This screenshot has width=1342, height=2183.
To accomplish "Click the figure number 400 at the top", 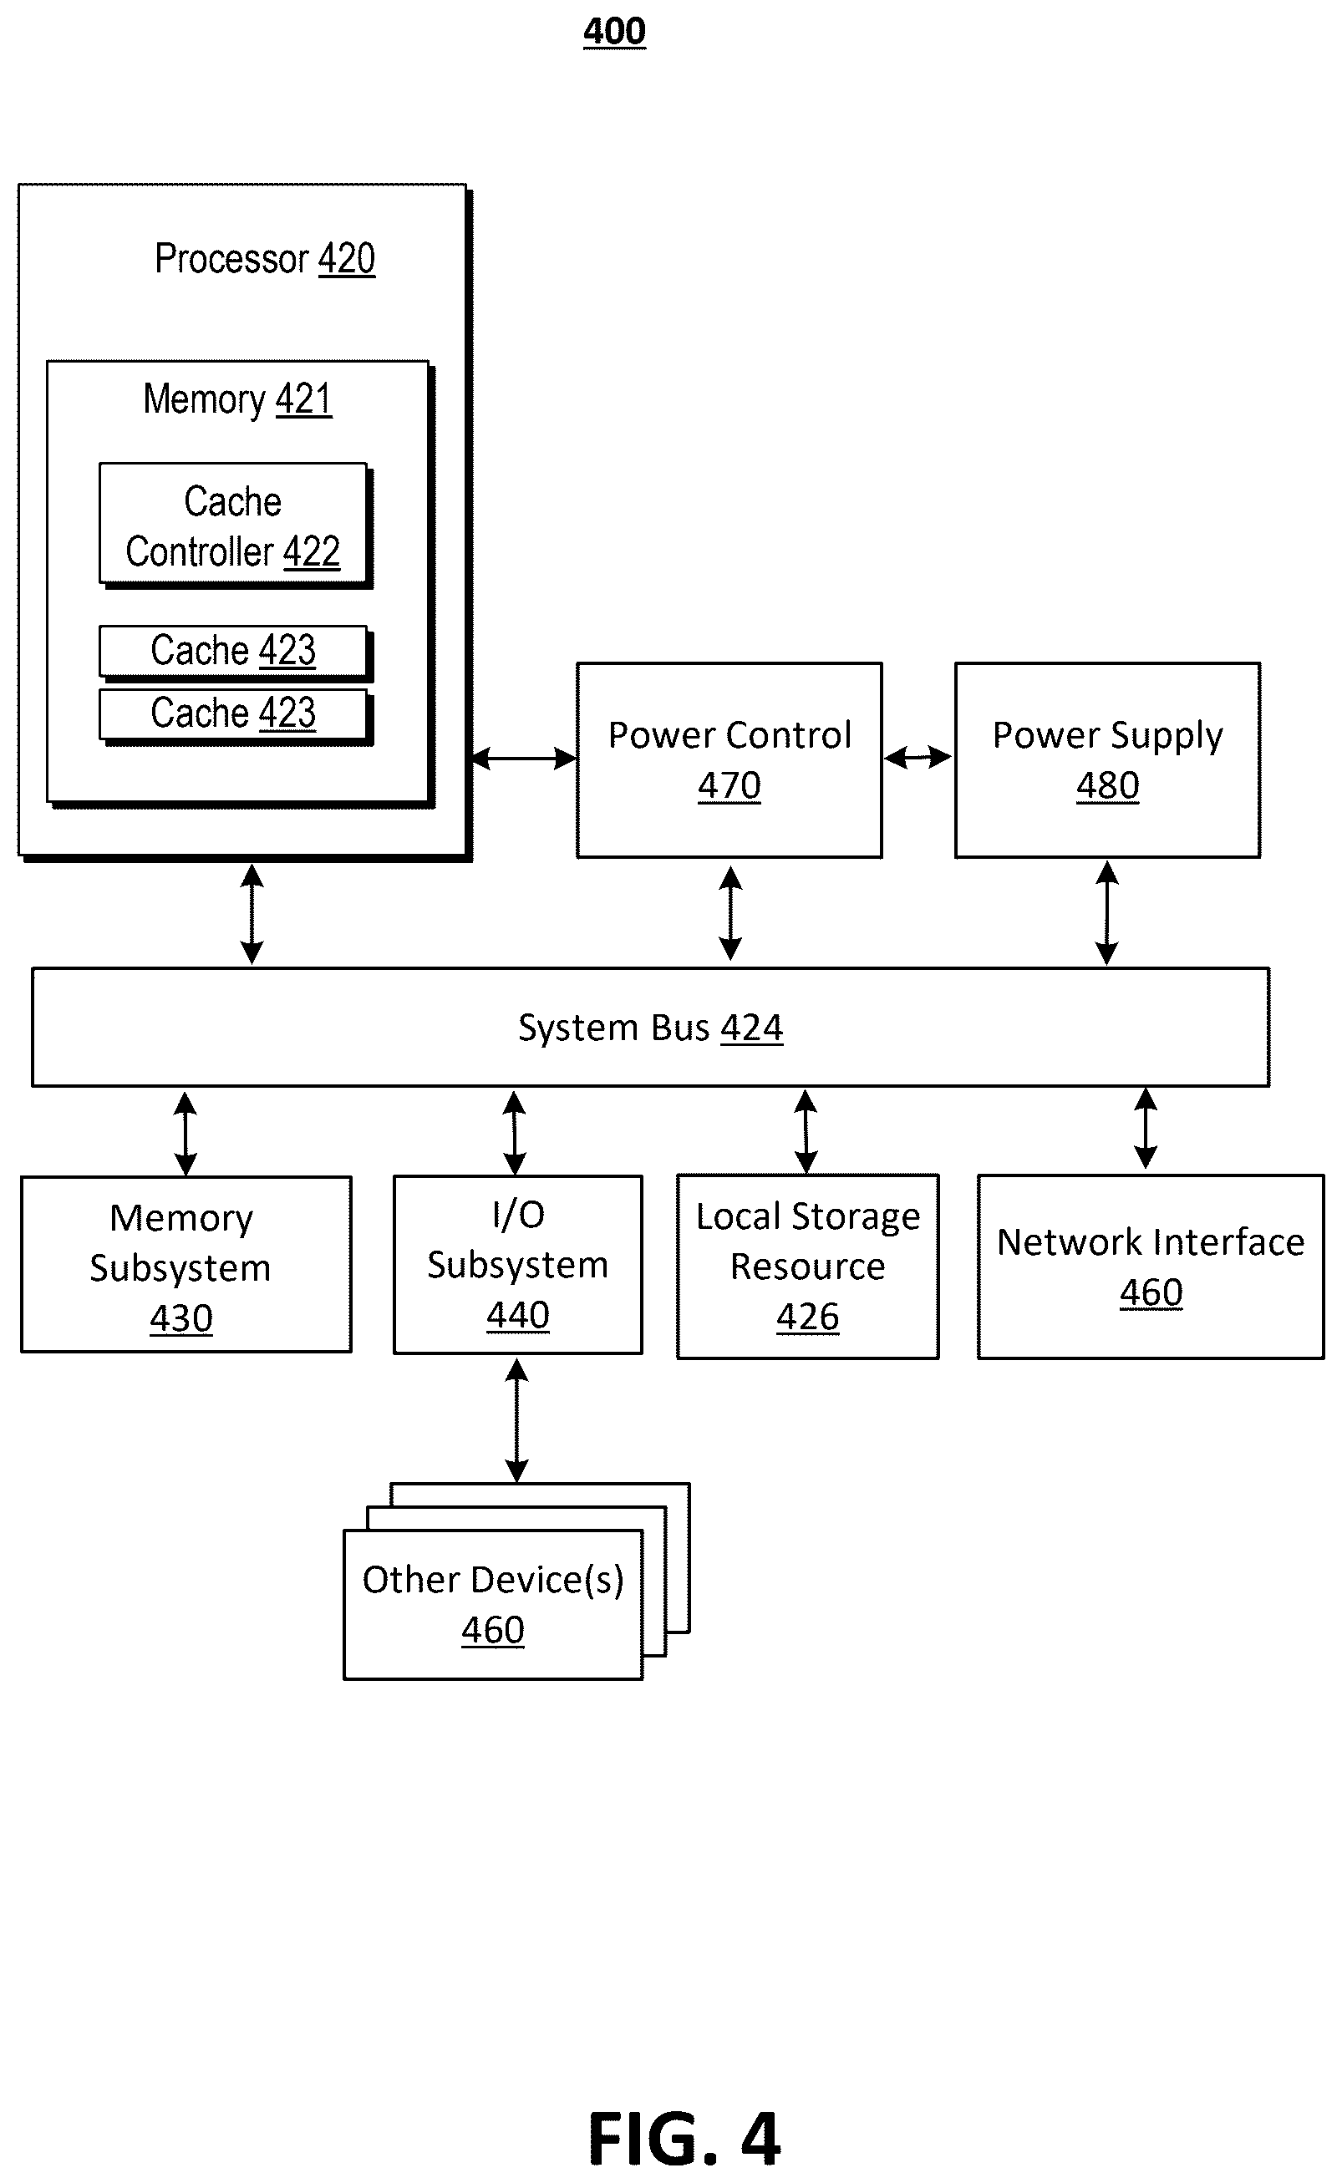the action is tap(614, 32).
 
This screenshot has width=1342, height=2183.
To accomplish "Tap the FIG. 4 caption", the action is tap(684, 2140).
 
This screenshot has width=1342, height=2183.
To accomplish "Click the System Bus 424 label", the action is tap(651, 1028).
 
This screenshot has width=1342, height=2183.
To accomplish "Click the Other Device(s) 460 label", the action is tap(494, 1604).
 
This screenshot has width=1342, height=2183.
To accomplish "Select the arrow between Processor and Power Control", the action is tap(524, 758).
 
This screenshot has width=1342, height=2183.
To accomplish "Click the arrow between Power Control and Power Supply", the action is tap(918, 757).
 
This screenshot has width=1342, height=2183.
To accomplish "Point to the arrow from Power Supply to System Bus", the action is tap(1107, 913).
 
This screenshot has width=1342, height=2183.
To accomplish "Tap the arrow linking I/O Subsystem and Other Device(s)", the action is tap(516, 1421).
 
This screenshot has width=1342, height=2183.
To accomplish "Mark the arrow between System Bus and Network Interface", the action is tap(1146, 1129).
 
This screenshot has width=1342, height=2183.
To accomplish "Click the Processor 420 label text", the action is tap(265, 259).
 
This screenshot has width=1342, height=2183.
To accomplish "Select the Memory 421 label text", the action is tap(238, 399).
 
